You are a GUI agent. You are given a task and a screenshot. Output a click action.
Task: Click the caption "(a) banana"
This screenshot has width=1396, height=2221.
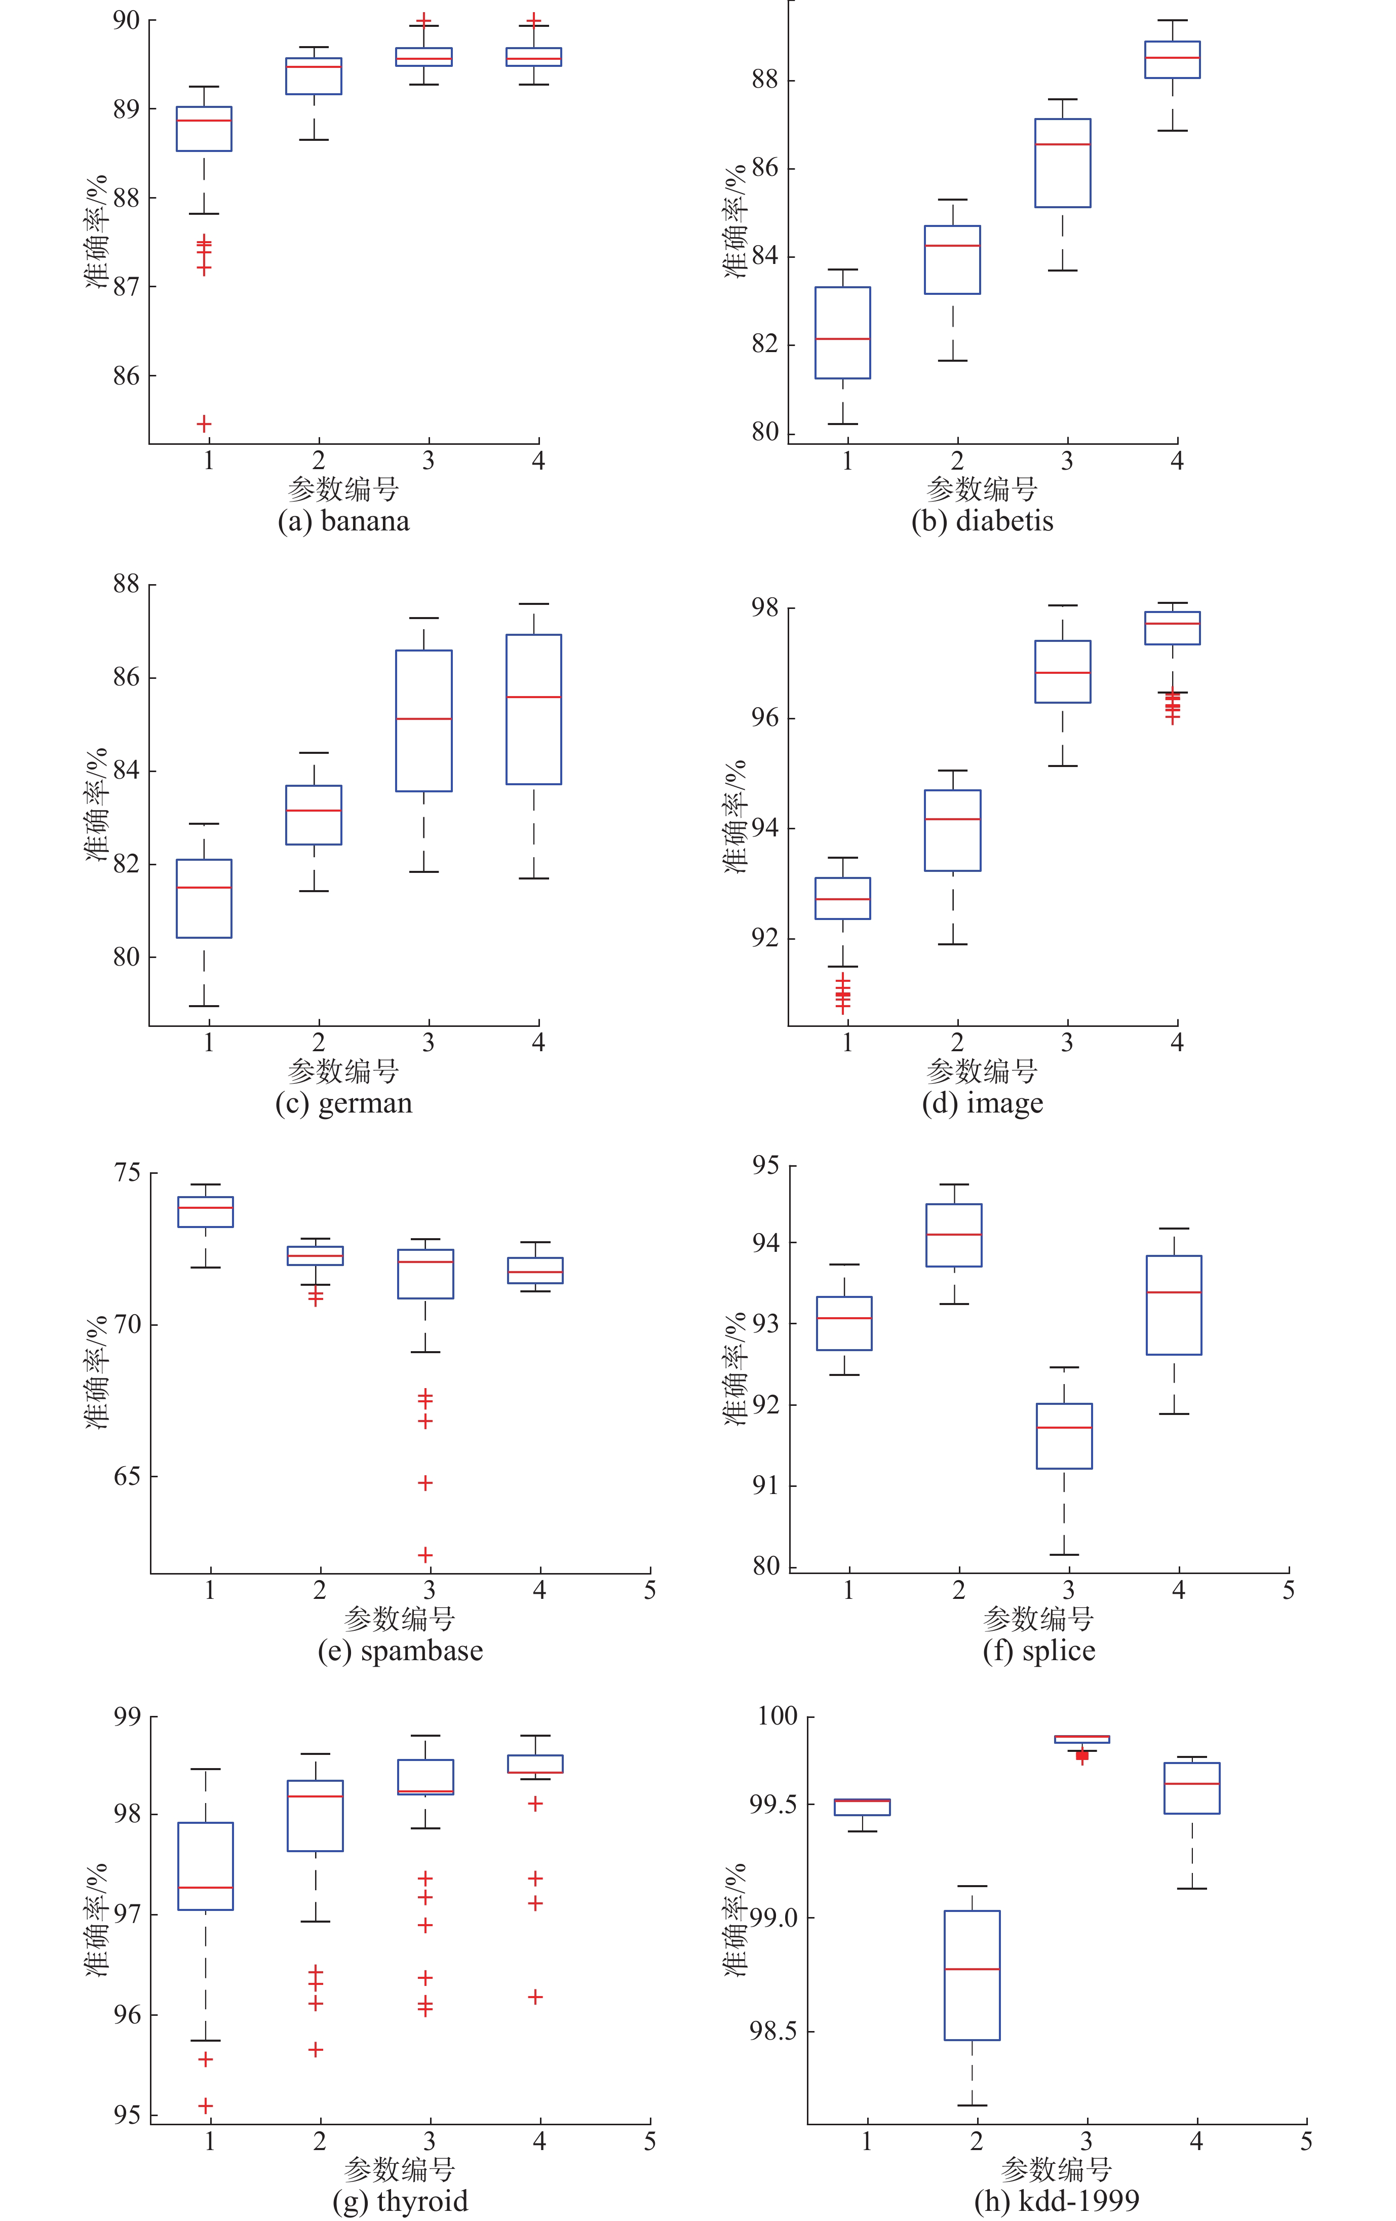pyautogui.click(x=343, y=521)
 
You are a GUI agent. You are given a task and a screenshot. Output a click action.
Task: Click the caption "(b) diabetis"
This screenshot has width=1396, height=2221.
pyautogui.click(x=982, y=521)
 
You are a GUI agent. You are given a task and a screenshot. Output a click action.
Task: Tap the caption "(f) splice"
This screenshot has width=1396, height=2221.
pyautogui.click(x=1039, y=1650)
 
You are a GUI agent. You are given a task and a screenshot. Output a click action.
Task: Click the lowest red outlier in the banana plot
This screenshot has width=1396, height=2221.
pyautogui.click(x=204, y=424)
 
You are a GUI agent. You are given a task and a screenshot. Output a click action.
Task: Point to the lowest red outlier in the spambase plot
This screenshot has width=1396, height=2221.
pyautogui.click(x=425, y=1555)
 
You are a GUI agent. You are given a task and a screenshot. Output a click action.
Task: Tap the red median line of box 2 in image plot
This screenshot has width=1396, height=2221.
pyautogui.click(x=952, y=819)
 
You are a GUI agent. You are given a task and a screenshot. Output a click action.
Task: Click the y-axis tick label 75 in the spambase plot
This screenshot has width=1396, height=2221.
pyautogui.click(x=127, y=1173)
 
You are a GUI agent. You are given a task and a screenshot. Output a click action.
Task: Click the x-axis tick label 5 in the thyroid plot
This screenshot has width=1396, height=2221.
pyautogui.click(x=650, y=2141)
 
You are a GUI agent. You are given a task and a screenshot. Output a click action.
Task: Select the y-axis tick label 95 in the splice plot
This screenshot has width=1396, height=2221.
pyautogui.click(x=765, y=1166)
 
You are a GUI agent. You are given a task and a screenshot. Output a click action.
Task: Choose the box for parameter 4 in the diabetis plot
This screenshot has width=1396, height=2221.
pyautogui.click(x=1173, y=60)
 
